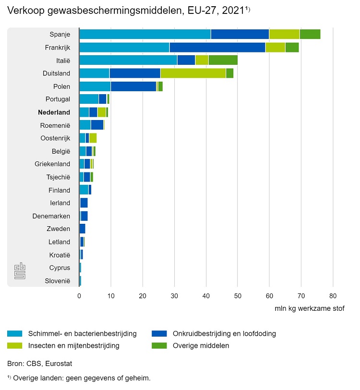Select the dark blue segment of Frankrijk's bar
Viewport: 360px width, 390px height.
[x=217, y=47]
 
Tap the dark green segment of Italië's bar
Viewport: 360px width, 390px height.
[x=223, y=60]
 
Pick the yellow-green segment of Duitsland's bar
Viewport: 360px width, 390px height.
[x=193, y=73]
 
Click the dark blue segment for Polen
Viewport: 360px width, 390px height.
[x=133, y=86]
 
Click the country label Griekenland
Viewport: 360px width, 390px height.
[x=52, y=164]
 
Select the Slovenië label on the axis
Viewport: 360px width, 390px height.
[x=58, y=280]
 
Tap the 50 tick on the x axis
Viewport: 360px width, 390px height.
[x=238, y=296]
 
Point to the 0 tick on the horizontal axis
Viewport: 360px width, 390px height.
[x=79, y=296]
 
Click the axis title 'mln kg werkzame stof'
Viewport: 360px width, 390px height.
[x=309, y=308]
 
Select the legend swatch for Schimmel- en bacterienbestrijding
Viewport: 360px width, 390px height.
[x=15, y=333]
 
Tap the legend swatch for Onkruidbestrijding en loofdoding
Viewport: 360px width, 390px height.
[x=159, y=333]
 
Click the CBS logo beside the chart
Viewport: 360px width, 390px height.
[x=19, y=270]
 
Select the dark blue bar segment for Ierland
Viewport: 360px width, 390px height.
[x=84, y=203]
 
